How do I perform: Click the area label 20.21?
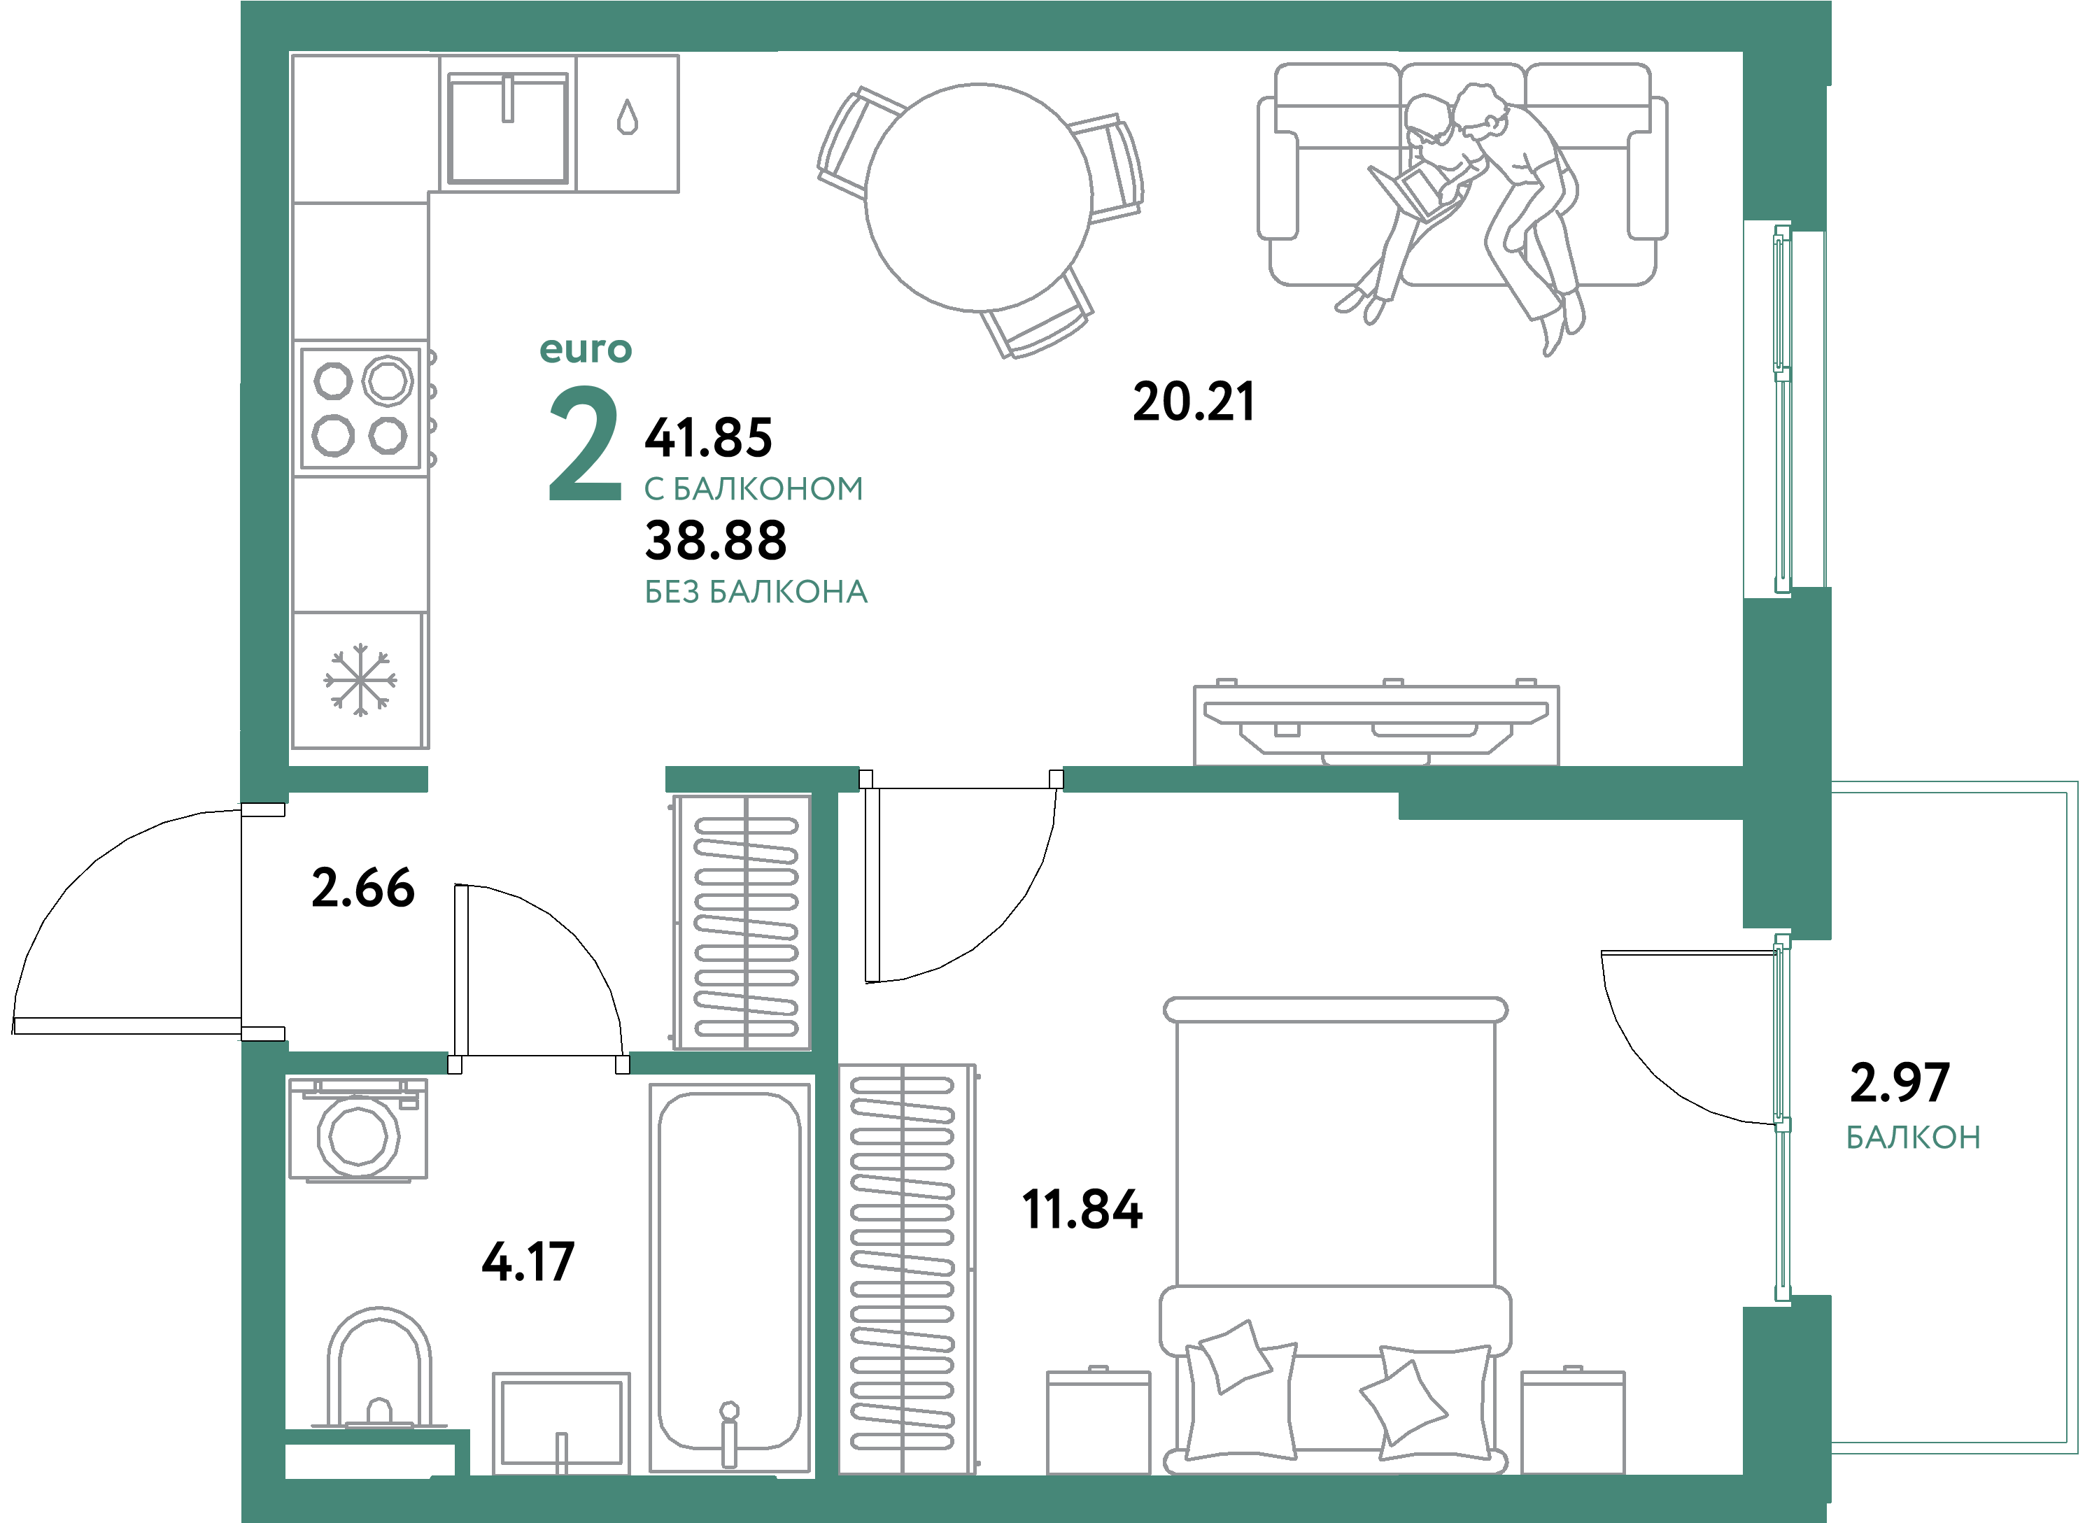pyautogui.click(x=1193, y=402)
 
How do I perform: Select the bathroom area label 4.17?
pyautogui.click(x=528, y=1262)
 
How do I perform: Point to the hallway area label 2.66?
pyautogui.click(x=363, y=888)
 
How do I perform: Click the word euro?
pyautogui.click(x=585, y=350)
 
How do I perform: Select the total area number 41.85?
pyautogui.click(x=708, y=439)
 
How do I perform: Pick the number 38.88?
pyautogui.click(x=715, y=541)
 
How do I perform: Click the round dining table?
pyautogui.click(x=978, y=197)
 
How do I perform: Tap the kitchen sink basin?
pyautogui.click(x=507, y=129)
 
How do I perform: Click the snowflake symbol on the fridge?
pyautogui.click(x=360, y=680)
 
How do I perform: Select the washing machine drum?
pyautogui.click(x=358, y=1135)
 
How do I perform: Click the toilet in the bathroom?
pyautogui.click(x=379, y=1369)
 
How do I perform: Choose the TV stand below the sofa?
pyautogui.click(x=1376, y=725)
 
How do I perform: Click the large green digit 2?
pyautogui.click(x=585, y=445)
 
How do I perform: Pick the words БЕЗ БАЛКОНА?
pyautogui.click(x=755, y=592)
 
